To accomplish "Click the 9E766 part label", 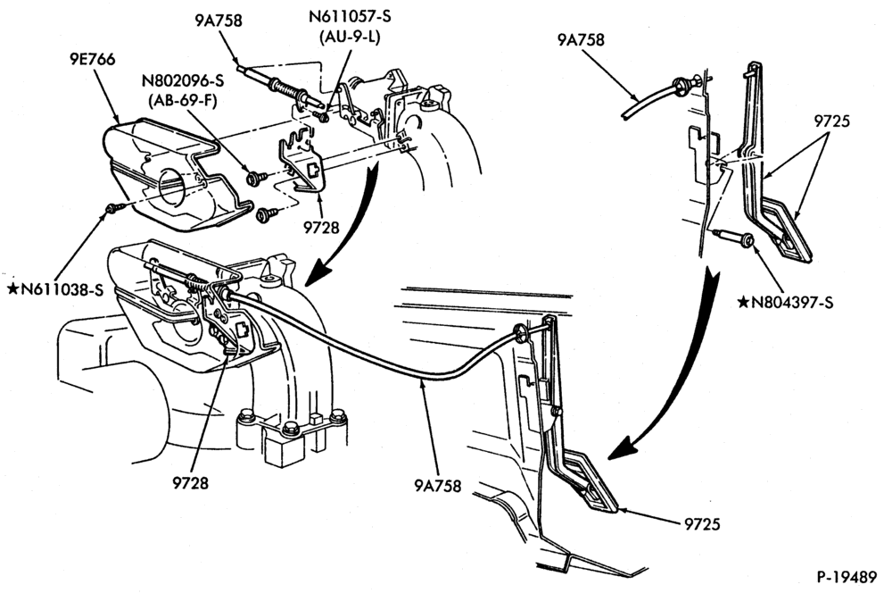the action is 93,59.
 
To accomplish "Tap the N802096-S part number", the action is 183,80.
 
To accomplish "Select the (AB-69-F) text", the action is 183,100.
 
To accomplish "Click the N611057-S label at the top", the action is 350,16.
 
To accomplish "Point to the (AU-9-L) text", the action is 350,37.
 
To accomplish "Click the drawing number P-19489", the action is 847,577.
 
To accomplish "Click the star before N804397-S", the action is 744,302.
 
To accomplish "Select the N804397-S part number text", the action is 792,302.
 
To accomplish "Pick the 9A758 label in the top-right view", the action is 581,39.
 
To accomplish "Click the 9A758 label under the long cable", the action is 437,486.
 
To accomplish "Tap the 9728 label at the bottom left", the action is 191,482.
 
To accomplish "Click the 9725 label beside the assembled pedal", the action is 702,523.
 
